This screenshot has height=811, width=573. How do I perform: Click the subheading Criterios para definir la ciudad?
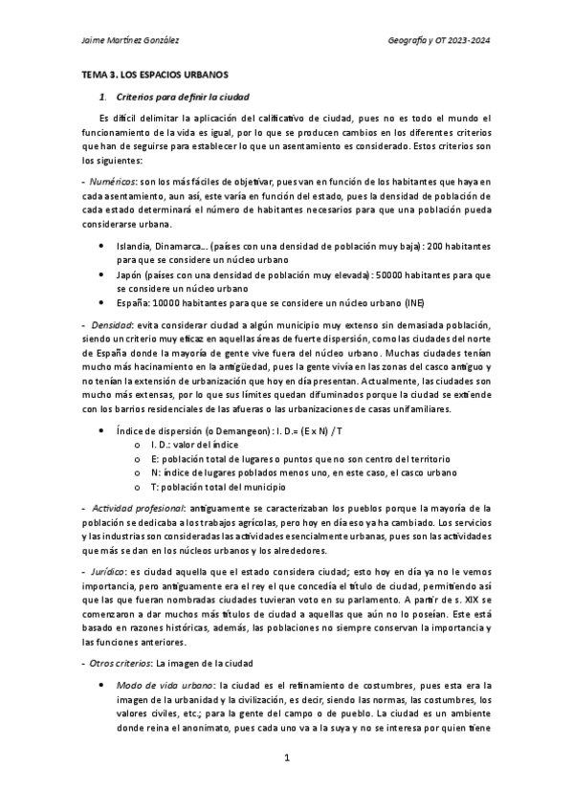[x=183, y=97]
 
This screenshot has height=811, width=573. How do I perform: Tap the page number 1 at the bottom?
[x=286, y=758]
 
